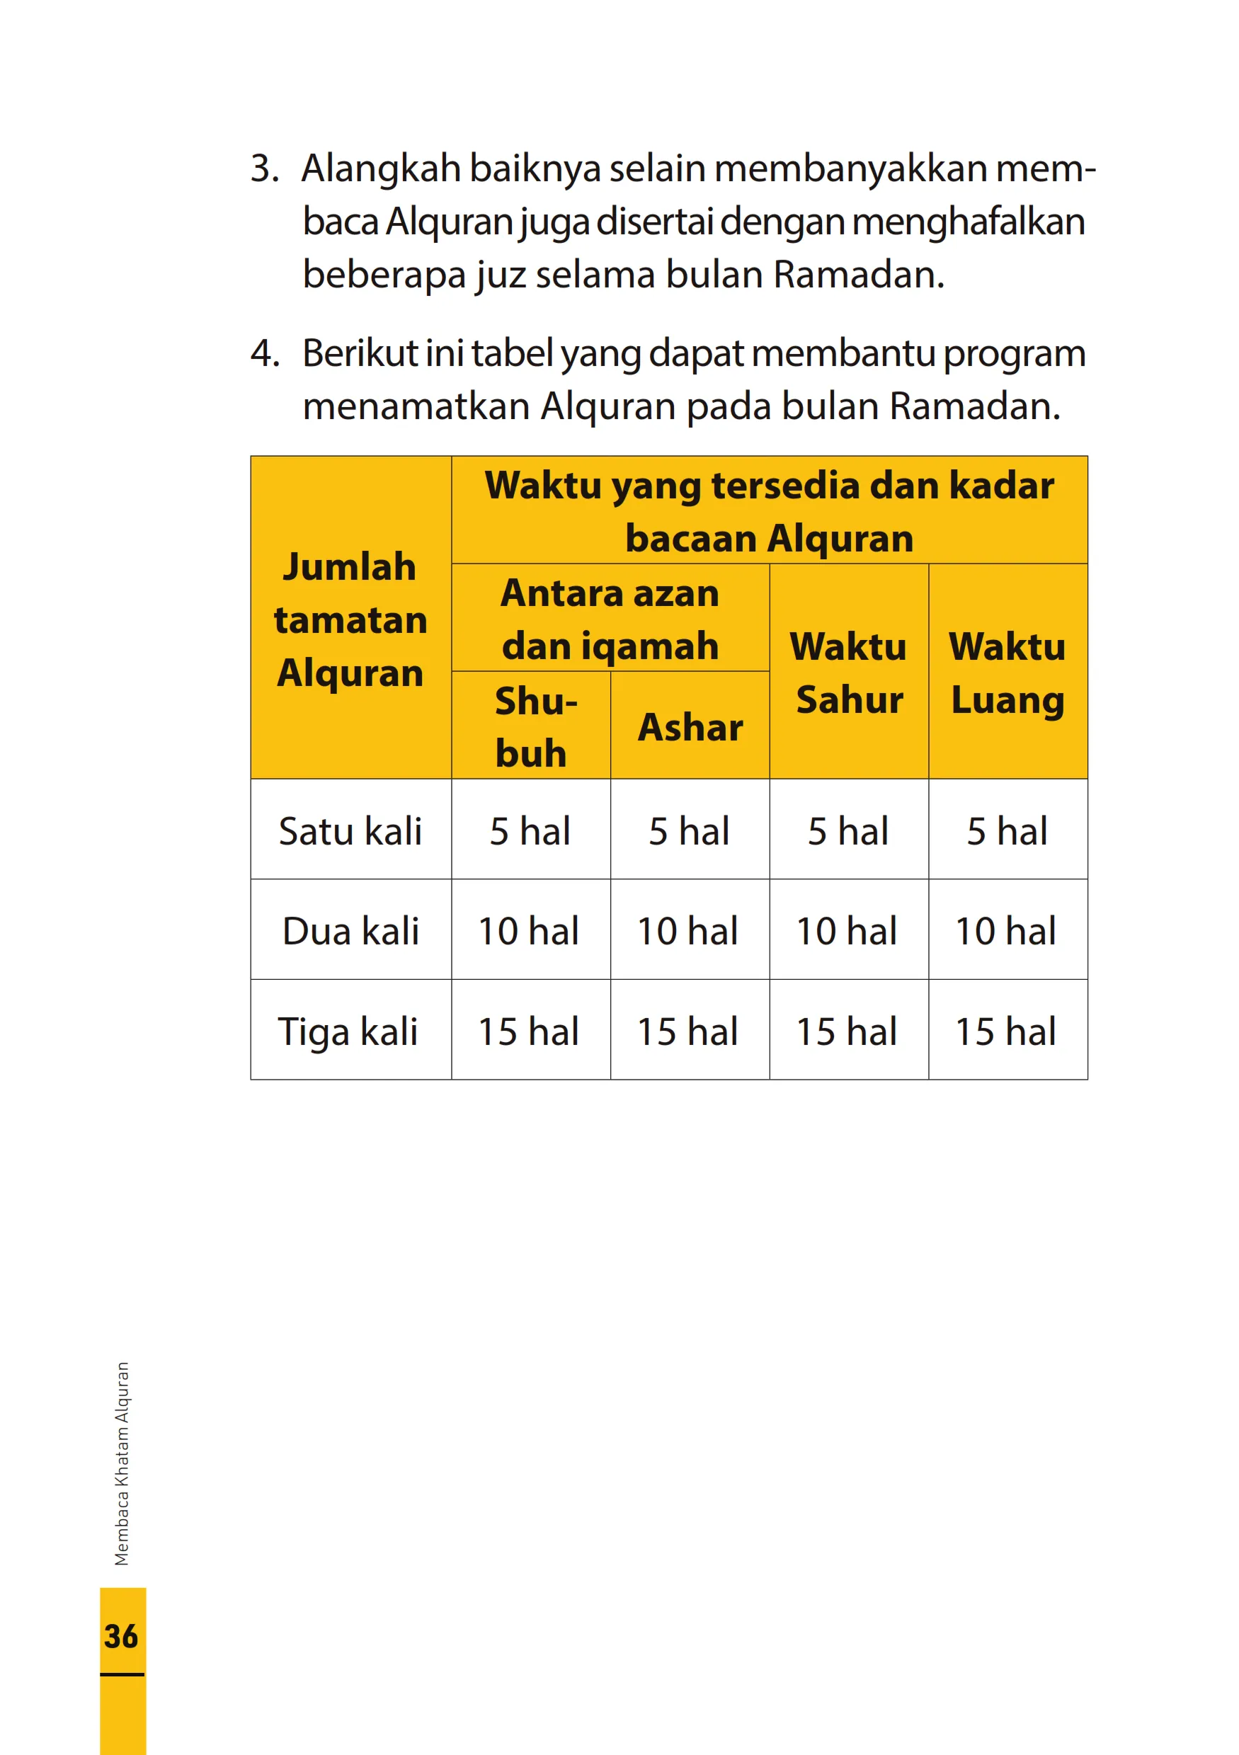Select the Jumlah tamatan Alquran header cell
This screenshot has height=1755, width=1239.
pyautogui.click(x=350, y=619)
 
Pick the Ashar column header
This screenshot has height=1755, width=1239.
pyautogui.click(x=690, y=726)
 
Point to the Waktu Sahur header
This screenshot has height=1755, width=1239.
pyautogui.click(x=848, y=673)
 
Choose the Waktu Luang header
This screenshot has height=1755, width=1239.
pyautogui.click(x=1007, y=673)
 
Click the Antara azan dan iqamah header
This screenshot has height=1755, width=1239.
pyautogui.click(x=610, y=619)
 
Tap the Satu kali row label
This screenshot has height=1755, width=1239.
pyautogui.click(x=350, y=831)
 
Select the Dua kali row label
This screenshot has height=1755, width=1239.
pyautogui.click(x=350, y=931)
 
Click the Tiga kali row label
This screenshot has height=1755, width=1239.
pyautogui.click(x=348, y=1031)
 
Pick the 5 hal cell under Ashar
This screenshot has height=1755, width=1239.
pyautogui.click(x=690, y=831)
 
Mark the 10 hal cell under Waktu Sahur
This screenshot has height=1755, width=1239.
pyautogui.click(x=847, y=931)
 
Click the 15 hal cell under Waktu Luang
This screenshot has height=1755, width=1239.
pyautogui.click(x=1006, y=1031)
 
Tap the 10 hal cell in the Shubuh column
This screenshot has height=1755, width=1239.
pyautogui.click(x=529, y=931)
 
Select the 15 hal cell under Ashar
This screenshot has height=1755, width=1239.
pyautogui.click(x=688, y=1031)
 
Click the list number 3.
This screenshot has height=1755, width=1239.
pyautogui.click(x=265, y=169)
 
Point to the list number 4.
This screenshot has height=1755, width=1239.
pyautogui.click(x=265, y=353)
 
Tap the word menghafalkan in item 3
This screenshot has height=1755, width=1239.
pyautogui.click(x=969, y=222)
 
